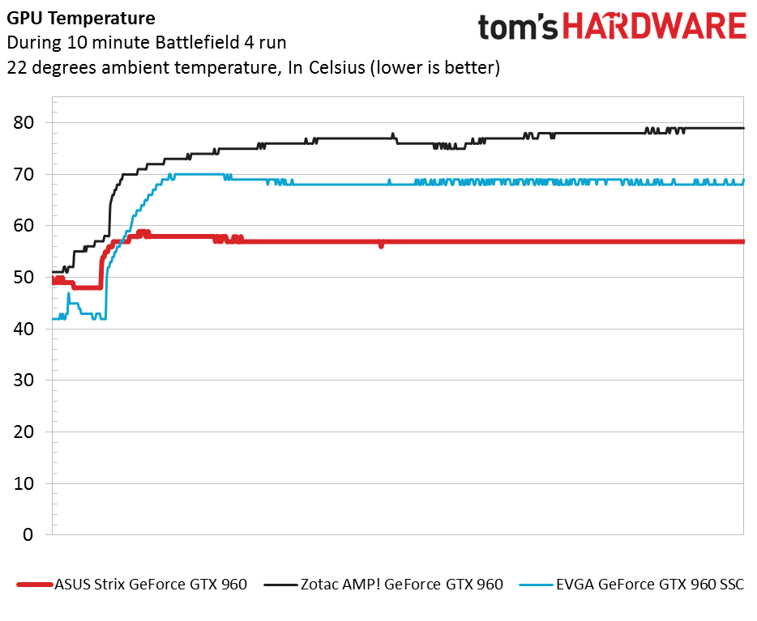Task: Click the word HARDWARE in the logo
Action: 654,27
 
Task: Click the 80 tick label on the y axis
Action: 28,123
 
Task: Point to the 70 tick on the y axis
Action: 28,174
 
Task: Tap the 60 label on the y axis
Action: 28,226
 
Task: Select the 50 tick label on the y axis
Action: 28,278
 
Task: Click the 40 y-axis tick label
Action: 28,329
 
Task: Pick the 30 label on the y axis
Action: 28,381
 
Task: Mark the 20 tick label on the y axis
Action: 28,432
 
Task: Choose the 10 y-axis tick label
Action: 28,483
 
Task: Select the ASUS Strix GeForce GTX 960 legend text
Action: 150,584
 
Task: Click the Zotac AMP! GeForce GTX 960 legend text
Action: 401,584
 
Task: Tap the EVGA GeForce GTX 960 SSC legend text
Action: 649,584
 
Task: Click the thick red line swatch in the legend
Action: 34,585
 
